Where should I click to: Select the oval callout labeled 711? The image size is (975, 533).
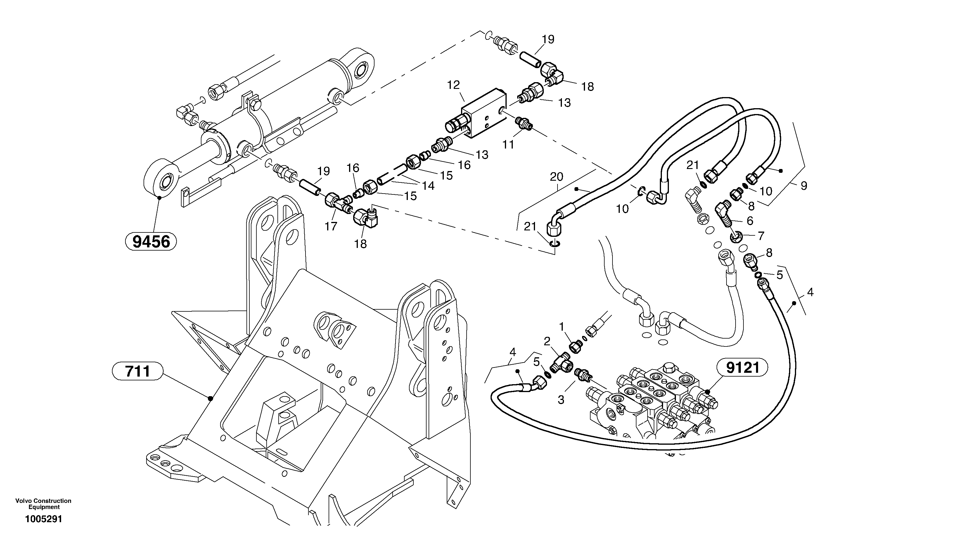(138, 371)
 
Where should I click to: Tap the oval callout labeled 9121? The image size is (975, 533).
(743, 368)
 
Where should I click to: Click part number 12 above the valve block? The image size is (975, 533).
(453, 85)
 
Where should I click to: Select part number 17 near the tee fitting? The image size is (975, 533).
(331, 226)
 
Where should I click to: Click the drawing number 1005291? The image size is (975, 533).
(44, 519)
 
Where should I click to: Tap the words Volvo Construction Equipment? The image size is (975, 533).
(44, 504)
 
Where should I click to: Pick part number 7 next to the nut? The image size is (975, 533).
(761, 236)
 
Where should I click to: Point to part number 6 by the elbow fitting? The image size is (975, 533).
(749, 220)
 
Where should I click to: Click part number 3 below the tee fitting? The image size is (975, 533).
(561, 399)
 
